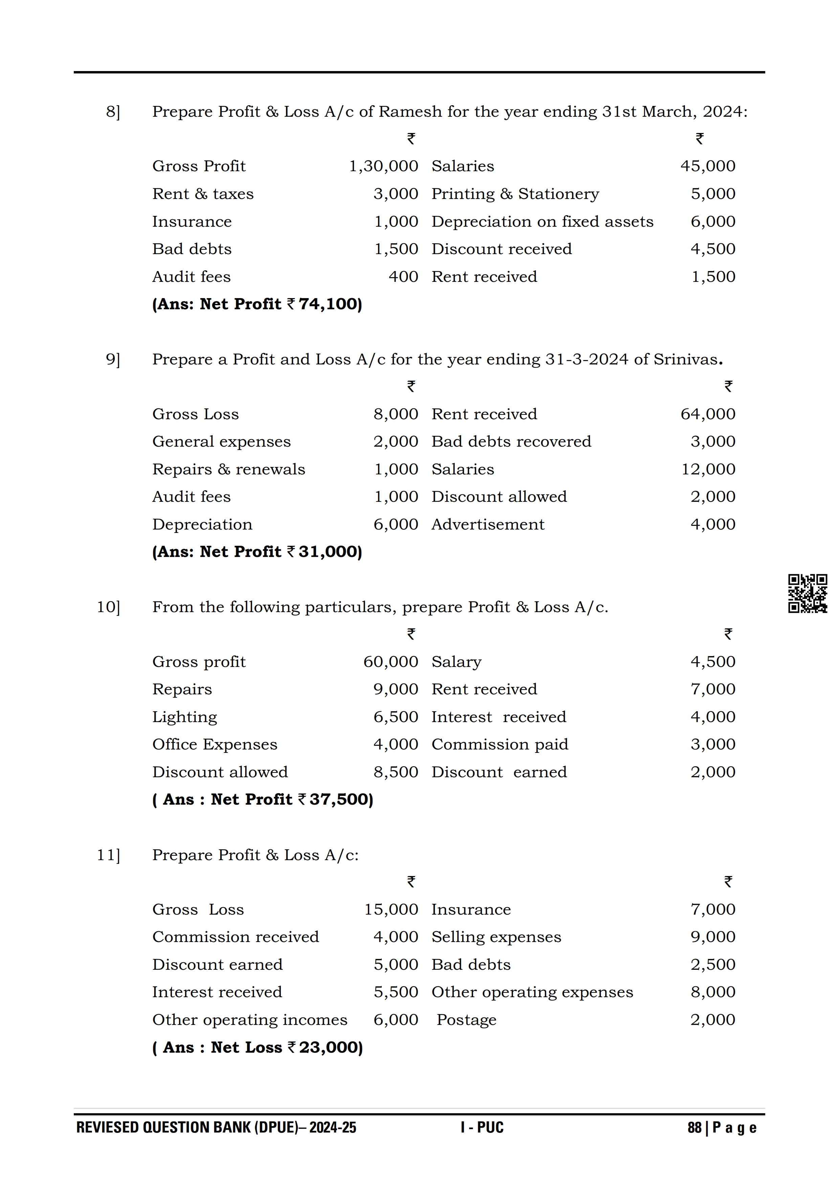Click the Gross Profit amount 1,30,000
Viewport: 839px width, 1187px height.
tap(383, 166)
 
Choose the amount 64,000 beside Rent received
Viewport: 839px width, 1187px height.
tap(707, 414)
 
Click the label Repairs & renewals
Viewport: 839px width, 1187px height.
tap(228, 469)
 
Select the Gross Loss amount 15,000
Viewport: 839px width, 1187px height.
tap(391, 910)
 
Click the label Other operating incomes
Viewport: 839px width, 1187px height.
tap(250, 1020)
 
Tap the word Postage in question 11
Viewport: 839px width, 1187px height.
tap(466, 1020)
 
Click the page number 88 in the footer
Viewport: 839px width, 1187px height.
tap(694, 1127)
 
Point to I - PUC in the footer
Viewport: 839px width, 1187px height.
tap(482, 1127)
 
